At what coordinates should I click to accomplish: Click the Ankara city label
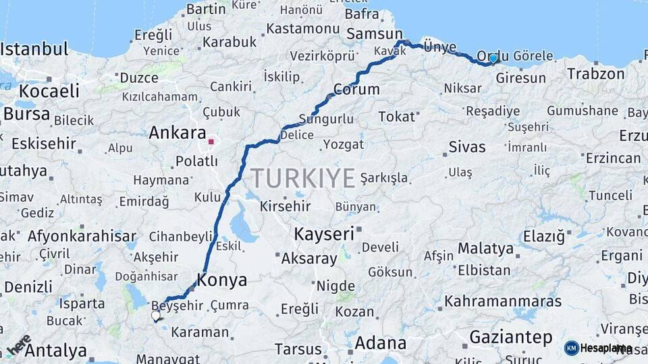[177, 133]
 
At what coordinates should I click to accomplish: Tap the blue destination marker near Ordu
[493, 59]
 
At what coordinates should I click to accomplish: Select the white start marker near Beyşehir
[156, 315]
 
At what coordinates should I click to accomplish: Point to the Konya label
[221, 280]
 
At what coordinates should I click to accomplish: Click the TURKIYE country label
[303, 179]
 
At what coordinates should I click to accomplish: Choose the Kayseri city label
[324, 235]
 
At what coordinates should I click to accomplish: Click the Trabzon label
[596, 73]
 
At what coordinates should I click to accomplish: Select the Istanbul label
[34, 49]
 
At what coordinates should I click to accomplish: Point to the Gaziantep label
[510, 337]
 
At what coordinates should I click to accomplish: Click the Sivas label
[467, 147]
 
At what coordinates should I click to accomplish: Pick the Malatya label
[485, 249]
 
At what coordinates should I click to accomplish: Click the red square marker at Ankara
[211, 142]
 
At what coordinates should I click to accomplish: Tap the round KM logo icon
[571, 348]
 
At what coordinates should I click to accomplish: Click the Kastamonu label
[302, 29]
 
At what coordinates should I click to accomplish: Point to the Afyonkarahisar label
[82, 237]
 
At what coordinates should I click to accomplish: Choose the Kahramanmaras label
[503, 301]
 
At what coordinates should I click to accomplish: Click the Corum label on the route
[356, 90]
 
